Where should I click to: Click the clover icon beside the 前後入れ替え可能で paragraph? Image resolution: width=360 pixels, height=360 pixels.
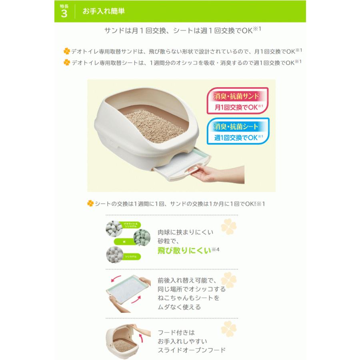click(x=229, y=280)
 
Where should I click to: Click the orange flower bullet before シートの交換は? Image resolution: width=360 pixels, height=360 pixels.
click(x=90, y=204)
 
